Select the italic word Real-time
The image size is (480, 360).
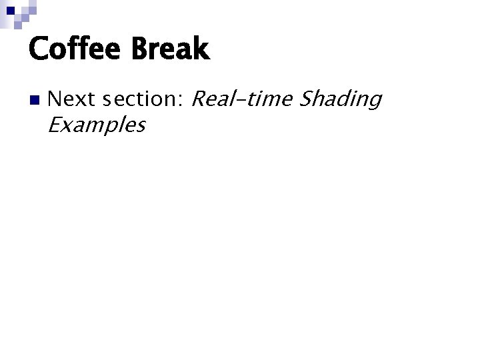tap(241, 99)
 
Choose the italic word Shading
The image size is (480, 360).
tap(340, 100)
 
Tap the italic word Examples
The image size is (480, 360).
tap(97, 125)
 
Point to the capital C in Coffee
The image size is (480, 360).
tap(39, 49)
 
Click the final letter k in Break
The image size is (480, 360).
tap(201, 49)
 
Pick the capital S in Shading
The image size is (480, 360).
tap(306, 99)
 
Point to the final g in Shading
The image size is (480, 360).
tap(374, 103)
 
